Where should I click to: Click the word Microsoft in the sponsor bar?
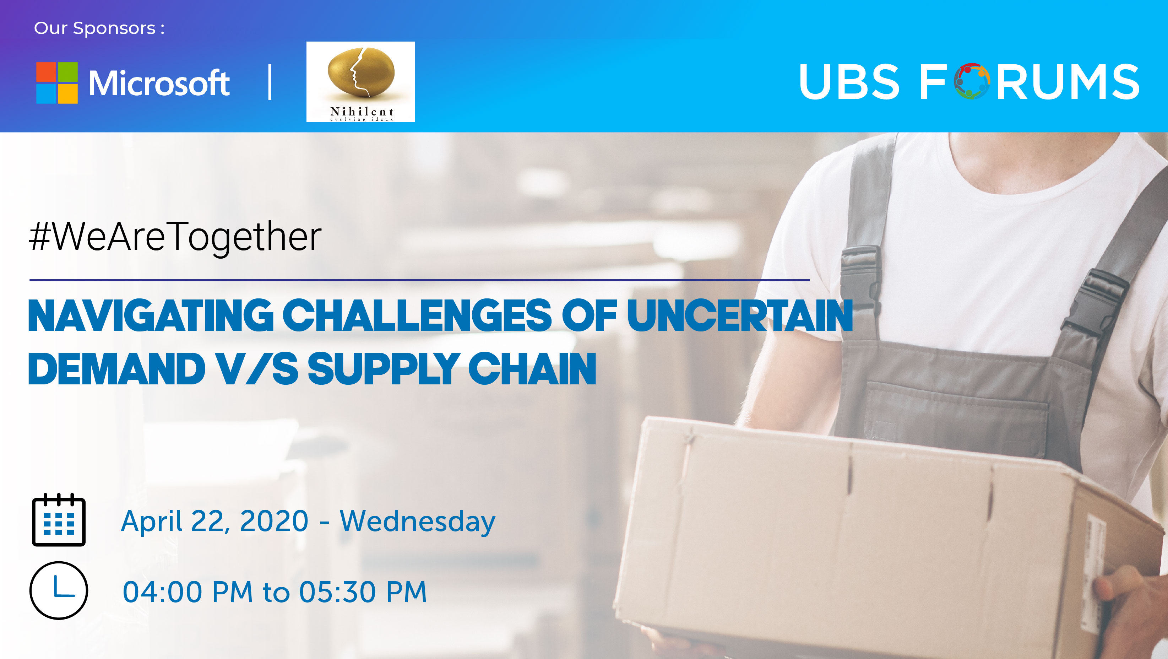(x=159, y=83)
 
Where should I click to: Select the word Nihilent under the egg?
(x=362, y=112)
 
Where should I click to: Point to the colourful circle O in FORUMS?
(x=971, y=81)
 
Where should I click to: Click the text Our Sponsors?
(x=99, y=28)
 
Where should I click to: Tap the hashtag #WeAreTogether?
(x=175, y=237)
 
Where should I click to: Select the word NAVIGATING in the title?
(x=151, y=316)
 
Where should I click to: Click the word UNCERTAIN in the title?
(x=740, y=316)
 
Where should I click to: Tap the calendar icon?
(x=59, y=520)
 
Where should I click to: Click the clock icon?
(x=59, y=590)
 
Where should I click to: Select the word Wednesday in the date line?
(x=418, y=522)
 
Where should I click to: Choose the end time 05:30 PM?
(x=363, y=592)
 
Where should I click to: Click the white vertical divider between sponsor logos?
(x=270, y=82)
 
